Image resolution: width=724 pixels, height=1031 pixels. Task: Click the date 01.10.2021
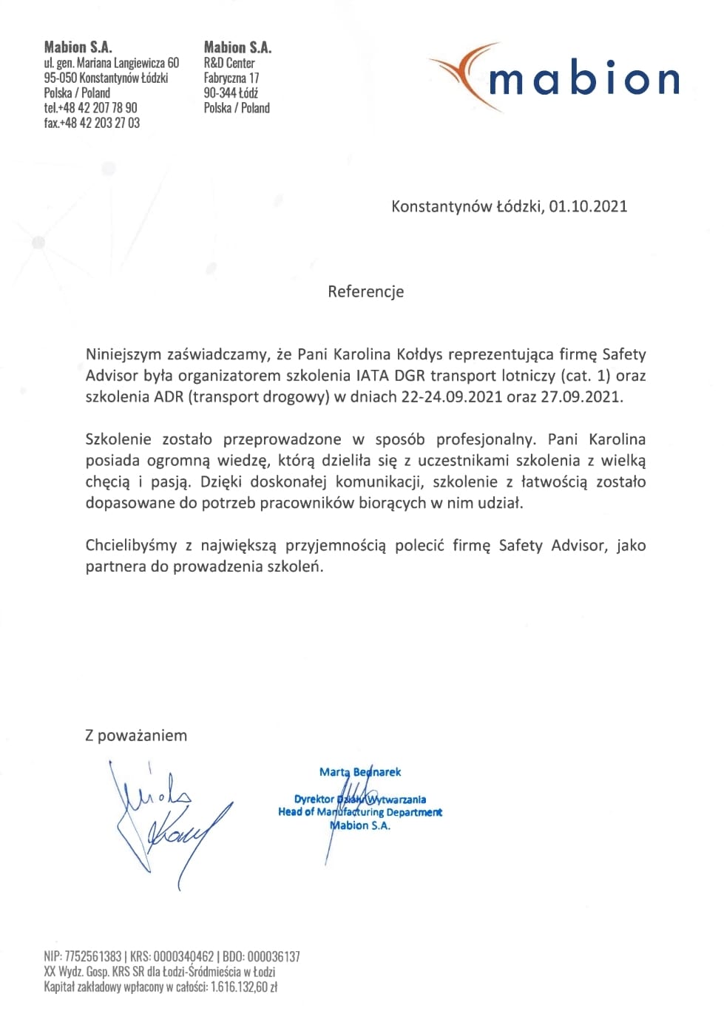click(588, 206)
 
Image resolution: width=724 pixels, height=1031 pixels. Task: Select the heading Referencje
click(366, 291)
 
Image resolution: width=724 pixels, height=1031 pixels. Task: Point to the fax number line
click(92, 123)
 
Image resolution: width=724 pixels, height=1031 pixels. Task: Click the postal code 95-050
click(60, 78)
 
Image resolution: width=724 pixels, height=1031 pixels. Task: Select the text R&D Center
click(229, 64)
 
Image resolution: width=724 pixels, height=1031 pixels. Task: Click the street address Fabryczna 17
click(231, 78)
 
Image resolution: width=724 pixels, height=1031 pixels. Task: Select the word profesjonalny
click(484, 439)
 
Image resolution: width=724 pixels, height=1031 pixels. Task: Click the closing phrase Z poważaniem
click(136, 736)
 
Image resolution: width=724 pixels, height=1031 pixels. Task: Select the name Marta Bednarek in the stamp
click(360, 772)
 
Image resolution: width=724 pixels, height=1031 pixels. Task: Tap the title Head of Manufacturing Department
click(360, 812)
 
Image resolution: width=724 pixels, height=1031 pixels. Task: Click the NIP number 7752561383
click(93, 956)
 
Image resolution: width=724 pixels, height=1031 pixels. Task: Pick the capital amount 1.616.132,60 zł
click(244, 987)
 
